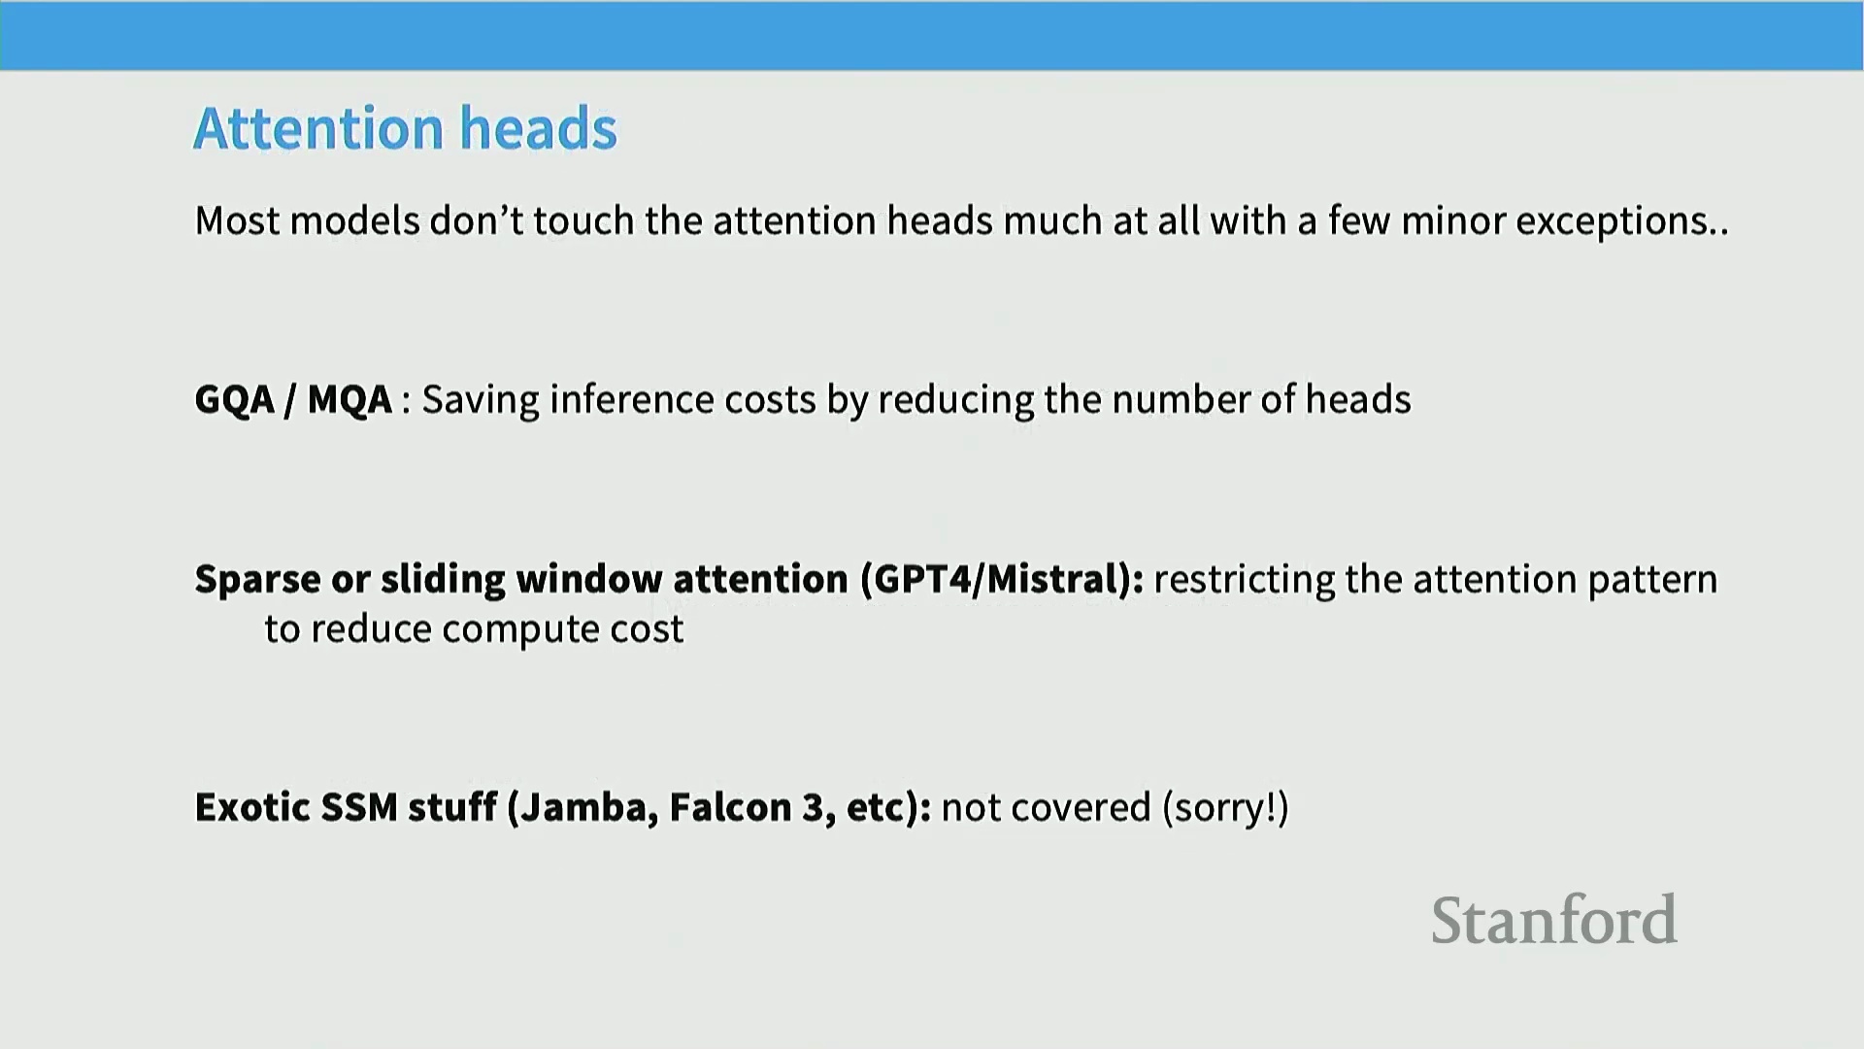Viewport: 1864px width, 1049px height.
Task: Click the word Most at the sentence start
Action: [x=237, y=220]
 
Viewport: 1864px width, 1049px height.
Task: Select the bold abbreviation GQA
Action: [x=235, y=399]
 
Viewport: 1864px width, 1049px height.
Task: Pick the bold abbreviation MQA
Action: [x=349, y=399]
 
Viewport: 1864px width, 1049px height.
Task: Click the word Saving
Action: [x=480, y=400]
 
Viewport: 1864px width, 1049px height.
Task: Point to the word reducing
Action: [x=955, y=400]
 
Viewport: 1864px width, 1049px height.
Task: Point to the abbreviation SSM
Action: [x=358, y=807]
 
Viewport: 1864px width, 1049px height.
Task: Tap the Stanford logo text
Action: [x=1553, y=920]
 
